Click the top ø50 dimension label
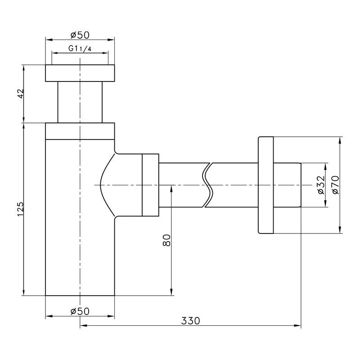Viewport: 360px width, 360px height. [80, 35]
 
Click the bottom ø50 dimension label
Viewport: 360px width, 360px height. [80, 311]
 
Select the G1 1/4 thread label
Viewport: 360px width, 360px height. [80, 49]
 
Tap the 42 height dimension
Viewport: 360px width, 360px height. [21, 94]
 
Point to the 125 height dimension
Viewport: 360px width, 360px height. [20, 209]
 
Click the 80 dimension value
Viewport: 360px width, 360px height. [166, 240]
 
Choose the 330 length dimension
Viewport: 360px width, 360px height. [190, 321]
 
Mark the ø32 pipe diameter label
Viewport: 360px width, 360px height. [321, 185]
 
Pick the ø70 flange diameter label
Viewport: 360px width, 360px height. [335, 185]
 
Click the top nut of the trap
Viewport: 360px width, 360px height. [80, 73]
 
